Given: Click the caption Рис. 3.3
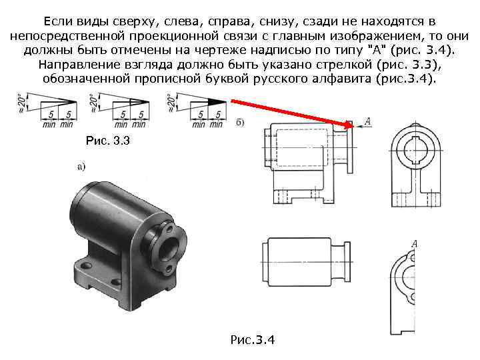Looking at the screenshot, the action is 108,141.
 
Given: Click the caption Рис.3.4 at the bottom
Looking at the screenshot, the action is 253,339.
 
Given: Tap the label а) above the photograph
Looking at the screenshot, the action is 81,167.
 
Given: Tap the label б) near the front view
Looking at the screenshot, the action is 240,123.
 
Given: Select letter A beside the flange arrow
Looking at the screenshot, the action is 367,121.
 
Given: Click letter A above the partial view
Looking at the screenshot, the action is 415,244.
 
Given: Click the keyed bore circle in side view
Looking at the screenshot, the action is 415,150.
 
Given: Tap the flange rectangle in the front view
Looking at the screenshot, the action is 350,147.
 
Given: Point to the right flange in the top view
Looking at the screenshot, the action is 347,262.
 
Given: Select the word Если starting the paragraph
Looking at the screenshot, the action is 57,22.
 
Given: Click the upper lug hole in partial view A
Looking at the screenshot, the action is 413,258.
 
